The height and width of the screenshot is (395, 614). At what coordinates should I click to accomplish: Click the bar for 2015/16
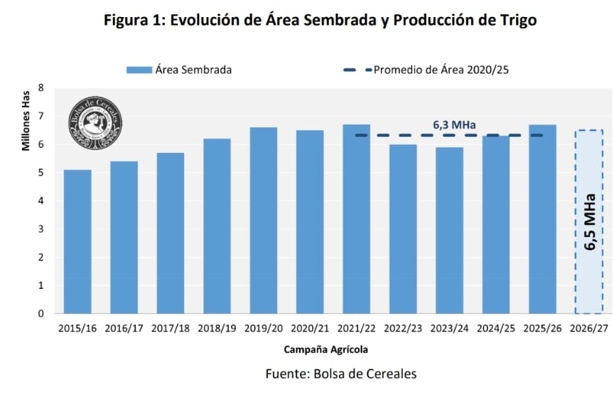(77, 242)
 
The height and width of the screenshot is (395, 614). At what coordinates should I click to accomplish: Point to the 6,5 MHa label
(589, 221)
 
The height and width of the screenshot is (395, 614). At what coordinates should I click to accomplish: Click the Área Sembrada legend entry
(179, 69)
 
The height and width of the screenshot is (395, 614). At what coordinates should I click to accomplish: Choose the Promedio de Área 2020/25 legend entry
(431, 69)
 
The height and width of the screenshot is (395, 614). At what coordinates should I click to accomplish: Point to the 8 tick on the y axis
(41, 88)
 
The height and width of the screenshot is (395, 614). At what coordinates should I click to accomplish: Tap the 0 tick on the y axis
(41, 314)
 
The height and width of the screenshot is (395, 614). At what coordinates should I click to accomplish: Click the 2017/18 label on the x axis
(171, 329)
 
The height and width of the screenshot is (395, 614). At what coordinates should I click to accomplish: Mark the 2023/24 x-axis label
(449, 329)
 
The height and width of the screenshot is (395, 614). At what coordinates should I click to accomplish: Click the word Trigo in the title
(517, 20)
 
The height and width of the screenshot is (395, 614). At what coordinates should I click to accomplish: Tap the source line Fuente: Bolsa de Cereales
(340, 374)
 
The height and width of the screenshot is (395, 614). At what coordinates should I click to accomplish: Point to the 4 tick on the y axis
(41, 201)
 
